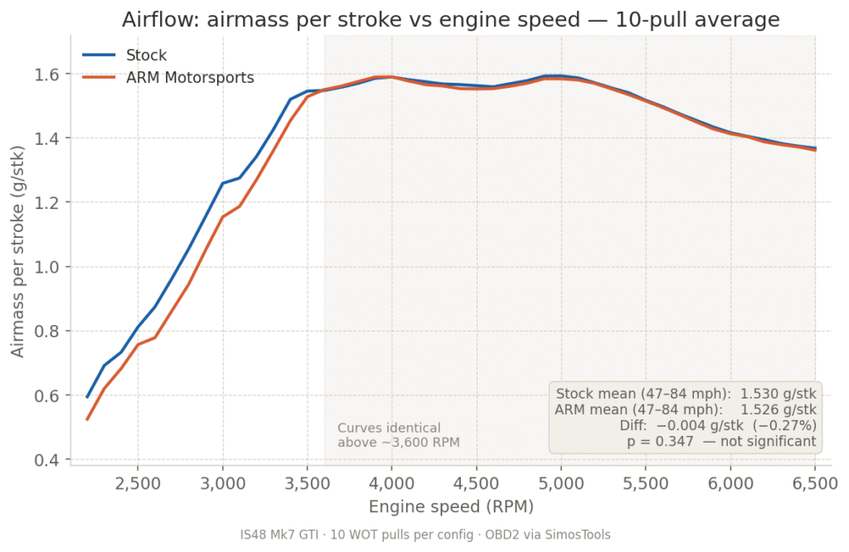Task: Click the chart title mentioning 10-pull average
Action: [x=451, y=19]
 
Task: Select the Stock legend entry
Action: [x=146, y=56]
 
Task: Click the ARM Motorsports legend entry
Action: [x=190, y=78]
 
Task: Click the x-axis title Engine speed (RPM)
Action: [x=451, y=506]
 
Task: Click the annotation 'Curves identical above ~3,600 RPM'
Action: [x=398, y=435]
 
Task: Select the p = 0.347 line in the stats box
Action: [x=721, y=442]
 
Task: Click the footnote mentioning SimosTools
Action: [x=424, y=535]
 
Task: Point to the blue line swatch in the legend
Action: [x=99, y=56]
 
